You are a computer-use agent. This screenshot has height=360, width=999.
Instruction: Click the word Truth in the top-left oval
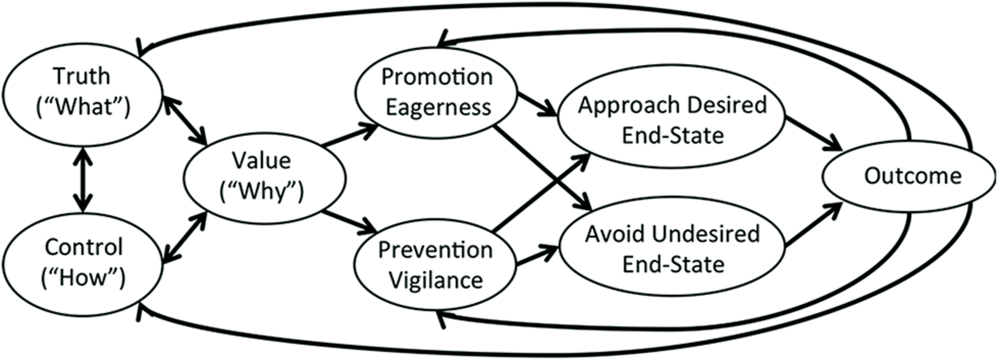coord(82,76)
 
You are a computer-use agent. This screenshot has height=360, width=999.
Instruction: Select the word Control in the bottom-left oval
coord(84,248)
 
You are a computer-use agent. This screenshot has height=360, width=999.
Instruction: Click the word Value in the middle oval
coord(261,161)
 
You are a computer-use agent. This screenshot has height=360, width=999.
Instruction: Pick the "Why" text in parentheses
coord(261,191)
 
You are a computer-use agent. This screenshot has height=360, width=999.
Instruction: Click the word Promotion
coord(437,77)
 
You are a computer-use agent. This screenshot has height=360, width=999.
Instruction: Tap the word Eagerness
coord(438,107)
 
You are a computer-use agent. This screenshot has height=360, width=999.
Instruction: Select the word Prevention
coord(435,250)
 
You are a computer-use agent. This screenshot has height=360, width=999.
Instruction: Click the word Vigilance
coord(436,280)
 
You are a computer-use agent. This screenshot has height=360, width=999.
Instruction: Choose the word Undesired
coord(705,234)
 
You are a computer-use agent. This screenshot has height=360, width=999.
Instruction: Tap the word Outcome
coord(913,177)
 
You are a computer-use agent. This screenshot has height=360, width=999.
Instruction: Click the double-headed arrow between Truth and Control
coord(83,180)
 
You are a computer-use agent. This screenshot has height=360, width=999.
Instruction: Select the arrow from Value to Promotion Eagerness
coord(349,135)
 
